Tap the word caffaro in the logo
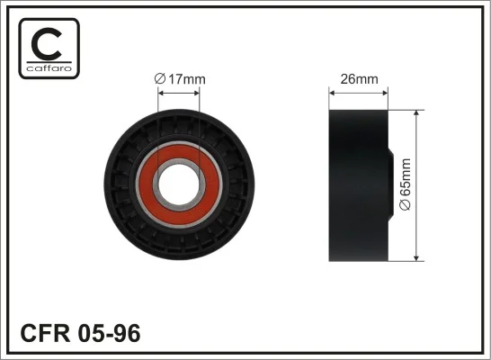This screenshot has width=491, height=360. pyautogui.click(x=49, y=68)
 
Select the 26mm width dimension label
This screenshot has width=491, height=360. pyautogui.click(x=359, y=79)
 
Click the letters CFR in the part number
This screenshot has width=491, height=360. pyautogui.click(x=45, y=333)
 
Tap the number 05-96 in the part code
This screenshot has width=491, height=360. pyautogui.click(x=110, y=333)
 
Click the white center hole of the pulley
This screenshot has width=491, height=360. pyautogui.click(x=179, y=184)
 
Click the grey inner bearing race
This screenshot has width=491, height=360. pyautogui.click(x=179, y=161)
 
